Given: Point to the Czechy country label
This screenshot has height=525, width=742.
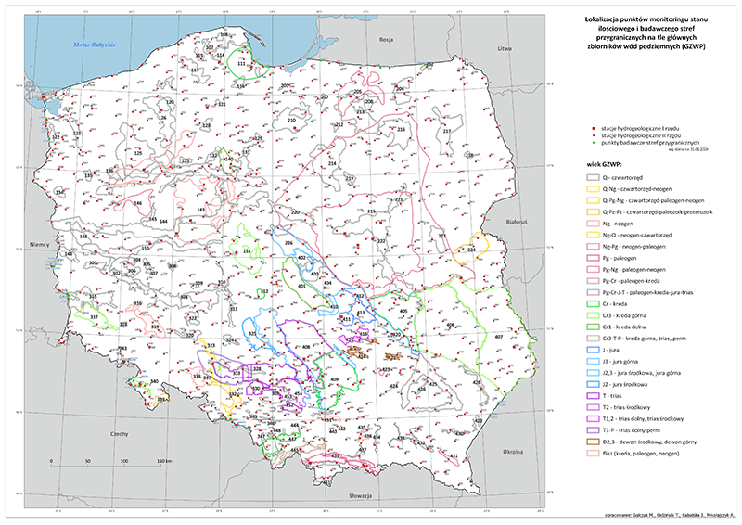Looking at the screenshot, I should pos(117,433).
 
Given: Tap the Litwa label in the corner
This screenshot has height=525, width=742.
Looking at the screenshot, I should pos(505,47).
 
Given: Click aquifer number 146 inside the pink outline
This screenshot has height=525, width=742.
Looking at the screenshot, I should pos(137,203).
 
